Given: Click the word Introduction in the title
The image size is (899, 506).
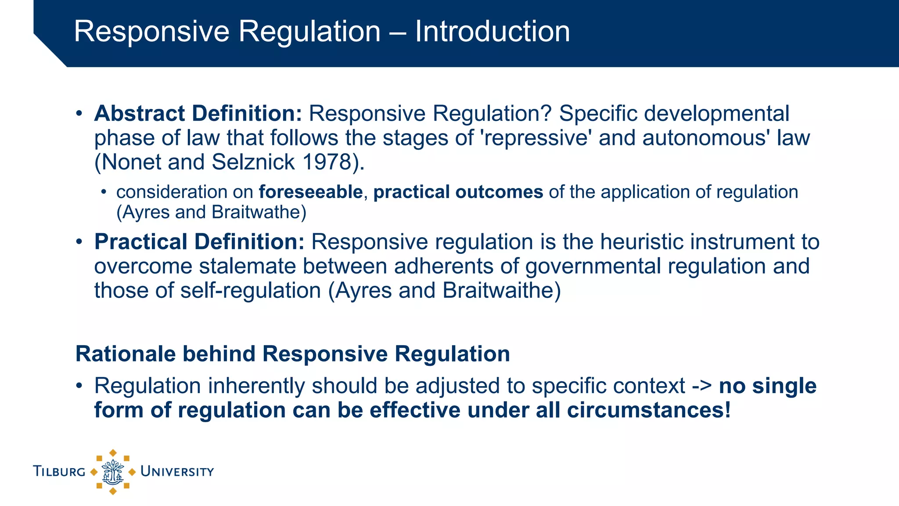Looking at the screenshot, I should click(492, 32).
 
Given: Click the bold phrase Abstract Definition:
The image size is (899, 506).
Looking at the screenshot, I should click(198, 113).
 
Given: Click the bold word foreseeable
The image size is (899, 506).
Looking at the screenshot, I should click(310, 192).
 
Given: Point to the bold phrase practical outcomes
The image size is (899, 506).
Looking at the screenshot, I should click(458, 192).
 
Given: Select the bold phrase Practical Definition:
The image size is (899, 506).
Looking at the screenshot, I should click(199, 242).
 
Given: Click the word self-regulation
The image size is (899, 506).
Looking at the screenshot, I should click(251, 291).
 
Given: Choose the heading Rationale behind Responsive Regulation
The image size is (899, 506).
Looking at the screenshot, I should click(292, 354).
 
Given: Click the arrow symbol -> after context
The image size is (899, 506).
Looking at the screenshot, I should click(701, 386).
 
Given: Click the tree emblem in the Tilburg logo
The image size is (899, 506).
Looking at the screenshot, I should click(113, 472).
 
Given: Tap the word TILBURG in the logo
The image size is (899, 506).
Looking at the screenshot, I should click(59, 472).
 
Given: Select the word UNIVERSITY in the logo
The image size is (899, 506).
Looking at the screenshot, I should click(177, 472).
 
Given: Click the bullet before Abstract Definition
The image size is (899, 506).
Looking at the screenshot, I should click(79, 114).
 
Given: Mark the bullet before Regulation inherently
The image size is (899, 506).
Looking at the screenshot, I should click(79, 386).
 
